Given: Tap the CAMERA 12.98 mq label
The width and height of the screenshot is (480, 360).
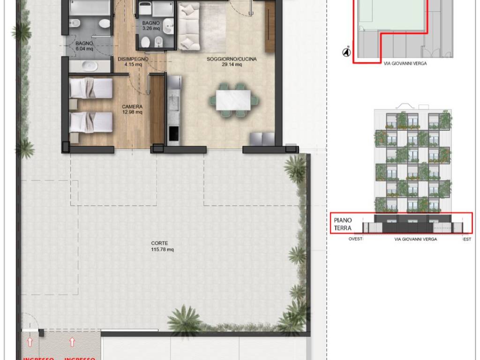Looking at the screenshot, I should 132,109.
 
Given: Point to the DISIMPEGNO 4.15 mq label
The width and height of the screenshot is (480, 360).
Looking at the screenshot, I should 133,62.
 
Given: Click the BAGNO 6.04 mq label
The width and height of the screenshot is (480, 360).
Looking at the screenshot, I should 84,45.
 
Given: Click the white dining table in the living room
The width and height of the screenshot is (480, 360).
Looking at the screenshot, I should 234,100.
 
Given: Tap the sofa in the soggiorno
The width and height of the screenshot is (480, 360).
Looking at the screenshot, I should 190,27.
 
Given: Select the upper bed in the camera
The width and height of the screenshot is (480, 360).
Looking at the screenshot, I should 91,88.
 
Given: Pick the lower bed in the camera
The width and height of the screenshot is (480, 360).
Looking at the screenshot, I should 91,122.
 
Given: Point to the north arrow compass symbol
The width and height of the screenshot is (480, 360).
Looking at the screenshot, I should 347,52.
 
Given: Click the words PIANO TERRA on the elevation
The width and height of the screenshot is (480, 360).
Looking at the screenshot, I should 343,224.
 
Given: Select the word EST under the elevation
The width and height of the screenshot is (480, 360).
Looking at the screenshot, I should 467,239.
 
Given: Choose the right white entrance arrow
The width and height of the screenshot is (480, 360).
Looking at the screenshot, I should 72,343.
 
